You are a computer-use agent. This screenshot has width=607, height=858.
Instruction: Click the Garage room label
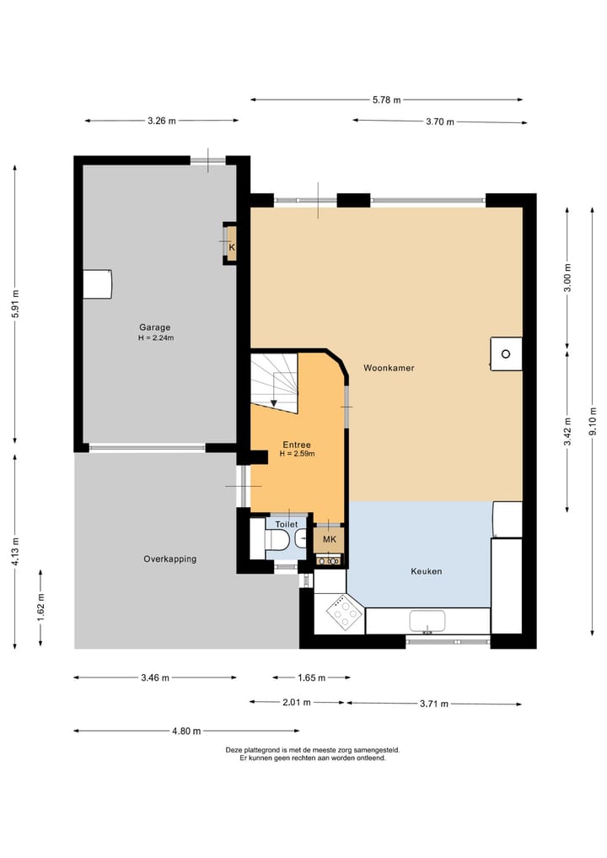click(155, 328)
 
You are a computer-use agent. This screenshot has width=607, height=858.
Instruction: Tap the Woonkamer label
click(389, 369)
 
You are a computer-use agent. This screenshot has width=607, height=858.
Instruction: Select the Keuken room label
click(427, 571)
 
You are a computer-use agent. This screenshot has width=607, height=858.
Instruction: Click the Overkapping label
click(170, 559)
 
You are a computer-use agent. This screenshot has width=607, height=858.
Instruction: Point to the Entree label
click(297, 445)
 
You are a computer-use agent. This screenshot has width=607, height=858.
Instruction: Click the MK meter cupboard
click(329, 540)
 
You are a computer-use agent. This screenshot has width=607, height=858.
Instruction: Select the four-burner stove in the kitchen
click(345, 612)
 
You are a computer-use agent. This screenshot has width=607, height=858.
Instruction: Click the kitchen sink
click(427, 621)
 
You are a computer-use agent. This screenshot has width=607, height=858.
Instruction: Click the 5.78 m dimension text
click(387, 100)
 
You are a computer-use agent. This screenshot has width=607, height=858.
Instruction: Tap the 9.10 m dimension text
click(593, 421)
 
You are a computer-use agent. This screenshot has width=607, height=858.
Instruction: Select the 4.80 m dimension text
click(186, 731)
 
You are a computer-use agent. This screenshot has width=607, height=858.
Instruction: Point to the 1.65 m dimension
click(312, 678)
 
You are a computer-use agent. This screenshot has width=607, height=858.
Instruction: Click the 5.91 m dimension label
click(15, 304)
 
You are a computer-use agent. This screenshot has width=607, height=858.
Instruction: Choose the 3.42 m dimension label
click(567, 432)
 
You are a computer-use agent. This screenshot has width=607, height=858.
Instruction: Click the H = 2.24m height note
click(156, 338)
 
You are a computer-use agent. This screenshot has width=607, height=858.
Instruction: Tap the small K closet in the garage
click(231, 244)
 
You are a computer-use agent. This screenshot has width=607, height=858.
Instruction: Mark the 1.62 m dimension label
click(40, 607)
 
